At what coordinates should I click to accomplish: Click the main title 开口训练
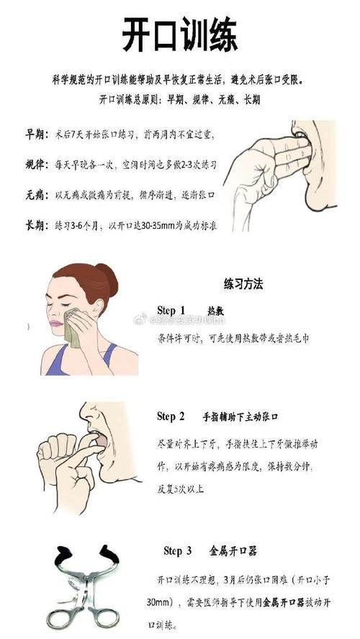[180, 35]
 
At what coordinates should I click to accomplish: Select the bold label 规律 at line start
[35, 164]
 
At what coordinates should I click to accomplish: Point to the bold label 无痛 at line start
[35, 195]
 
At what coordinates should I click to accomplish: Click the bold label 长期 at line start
[35, 225]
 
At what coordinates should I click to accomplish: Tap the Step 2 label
[171, 417]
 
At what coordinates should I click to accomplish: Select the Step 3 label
[178, 551]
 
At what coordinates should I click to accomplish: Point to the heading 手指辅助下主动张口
[240, 417]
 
